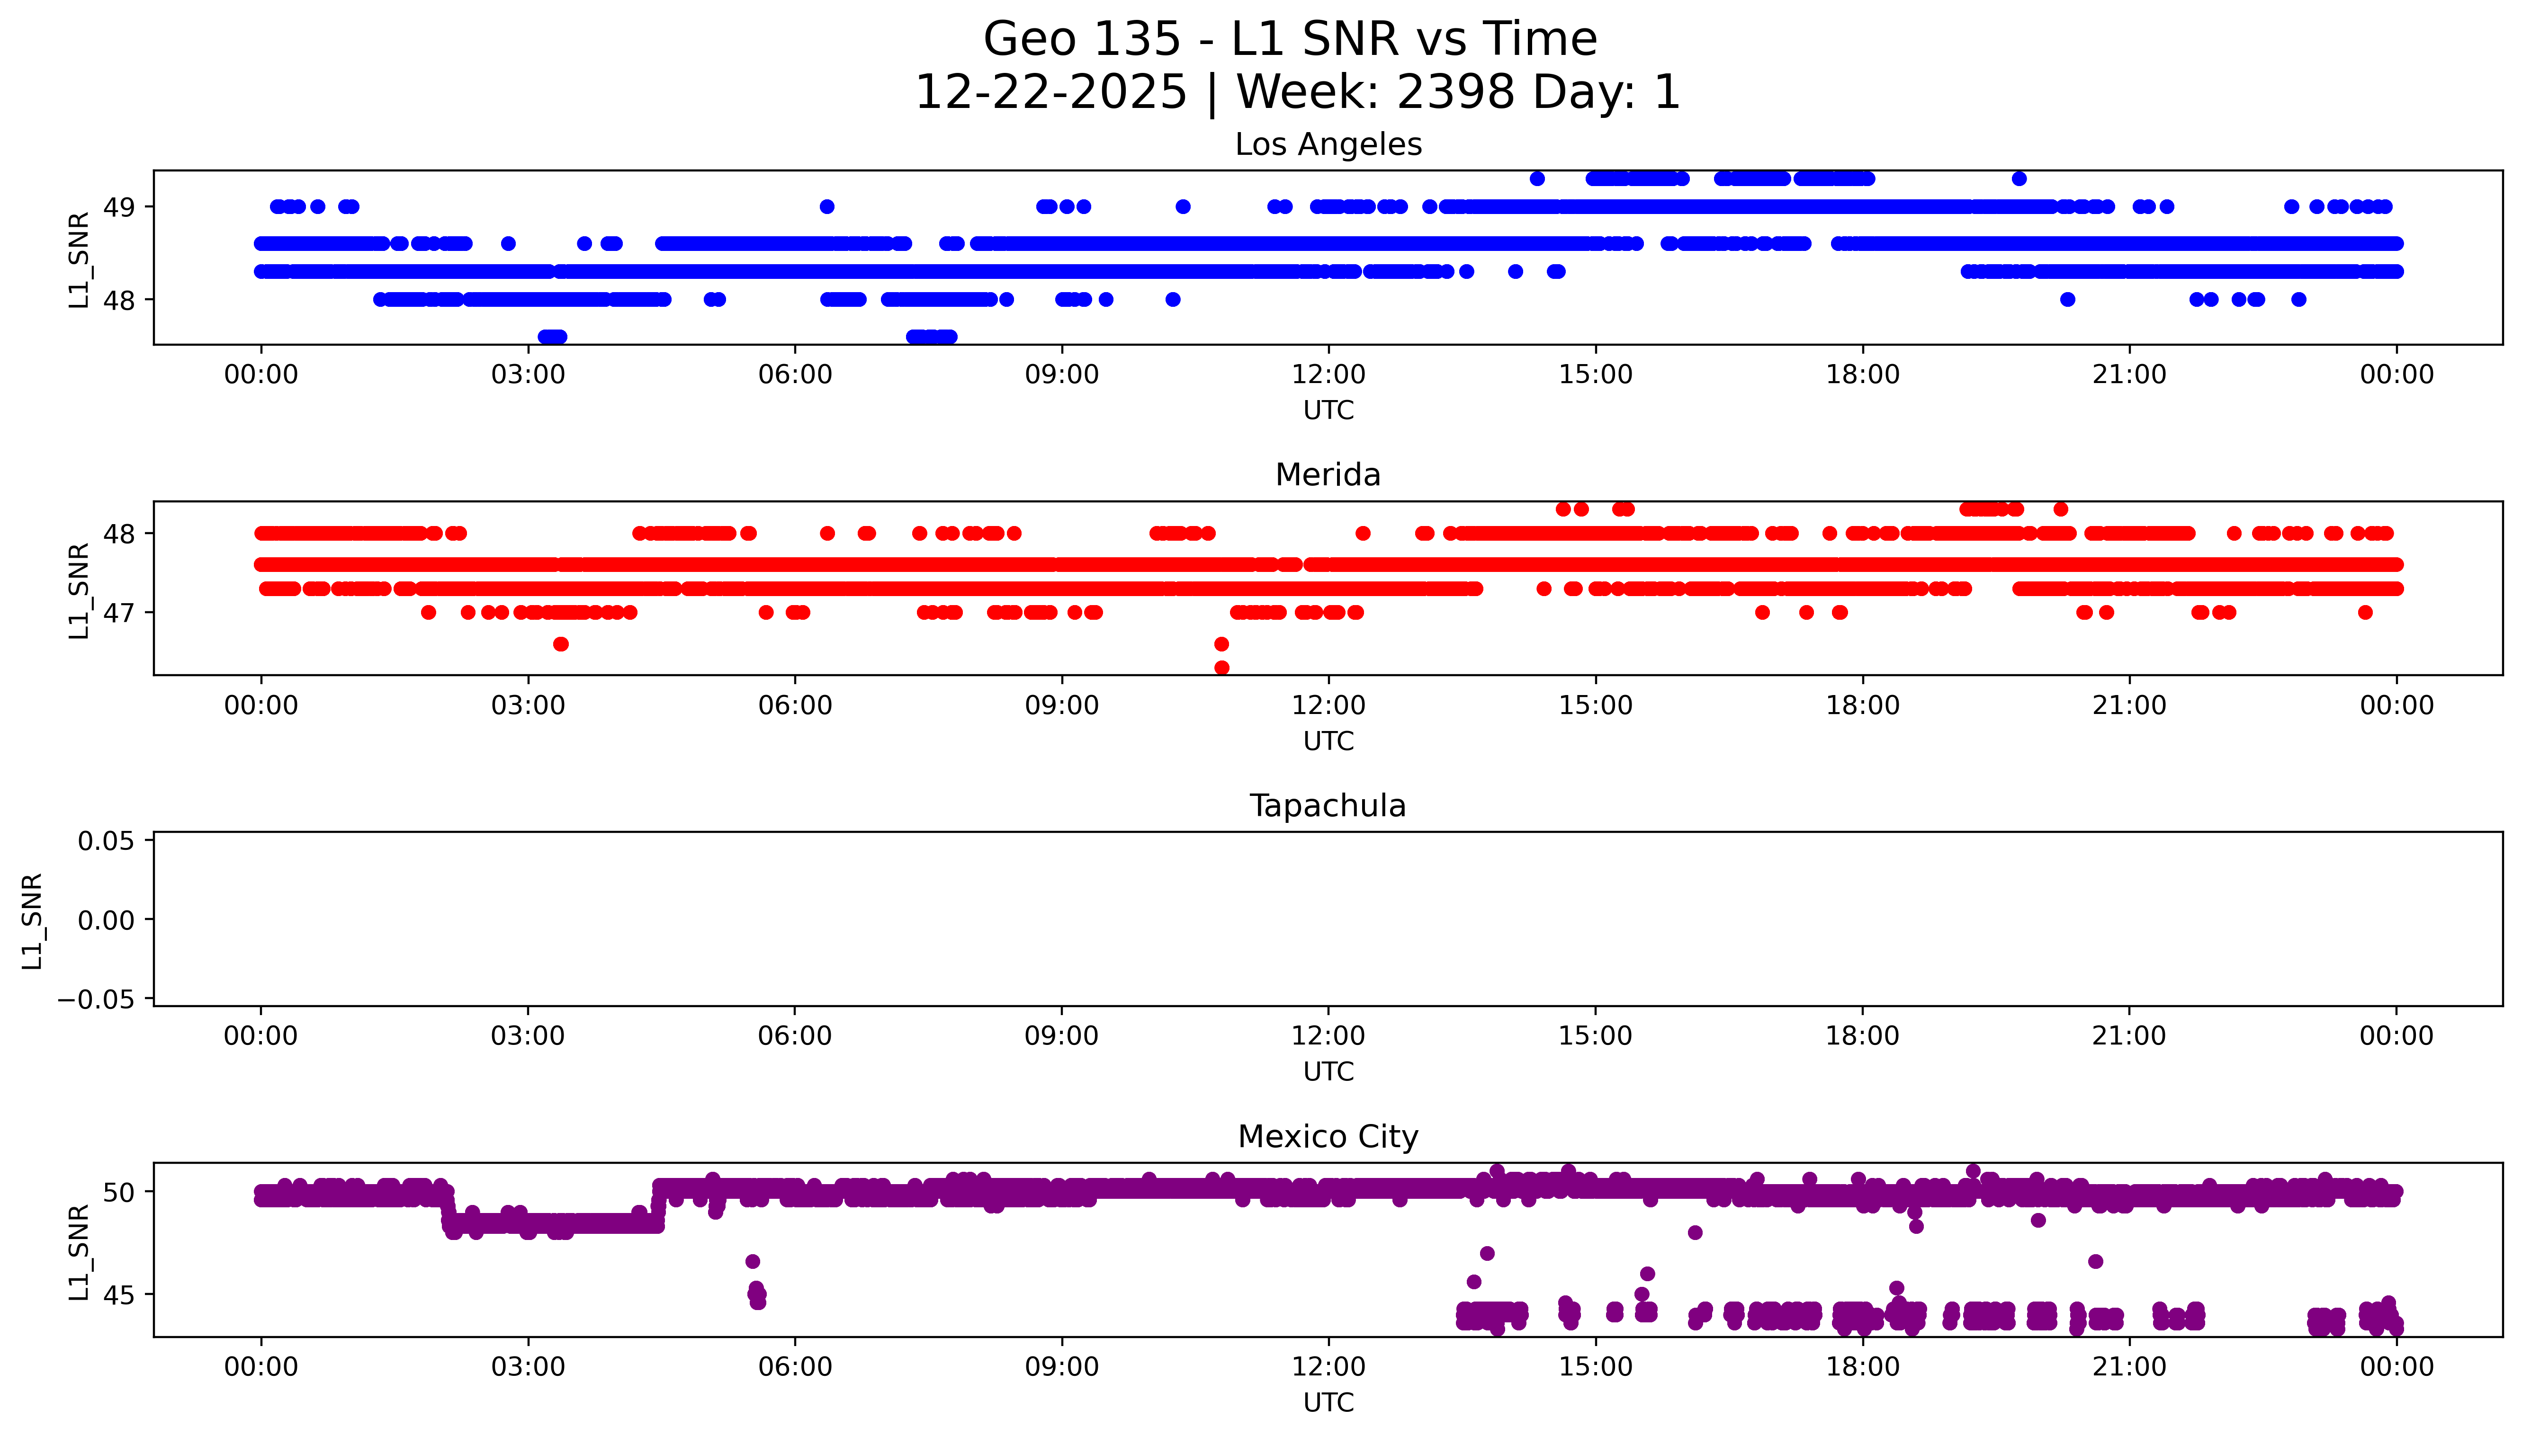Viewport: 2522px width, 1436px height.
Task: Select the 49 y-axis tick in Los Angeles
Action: point(118,207)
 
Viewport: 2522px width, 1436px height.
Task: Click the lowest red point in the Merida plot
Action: point(1221,668)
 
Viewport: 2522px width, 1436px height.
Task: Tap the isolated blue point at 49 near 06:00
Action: point(826,206)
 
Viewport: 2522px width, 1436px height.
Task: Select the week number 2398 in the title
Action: point(1456,93)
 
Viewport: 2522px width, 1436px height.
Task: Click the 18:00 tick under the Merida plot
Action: point(1862,705)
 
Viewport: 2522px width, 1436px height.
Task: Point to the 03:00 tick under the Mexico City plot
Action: point(528,1367)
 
